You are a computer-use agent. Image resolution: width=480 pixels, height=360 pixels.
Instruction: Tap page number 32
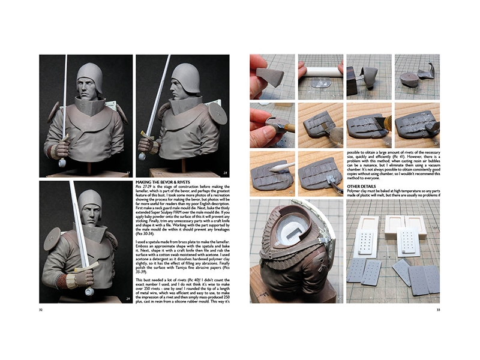pos(40,310)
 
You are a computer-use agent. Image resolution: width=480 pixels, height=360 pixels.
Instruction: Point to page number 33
pos(438,310)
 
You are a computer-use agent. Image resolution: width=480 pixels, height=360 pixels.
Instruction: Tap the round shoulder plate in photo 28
pos(218,112)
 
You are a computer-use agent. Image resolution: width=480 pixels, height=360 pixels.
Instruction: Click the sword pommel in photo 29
pos(89,292)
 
